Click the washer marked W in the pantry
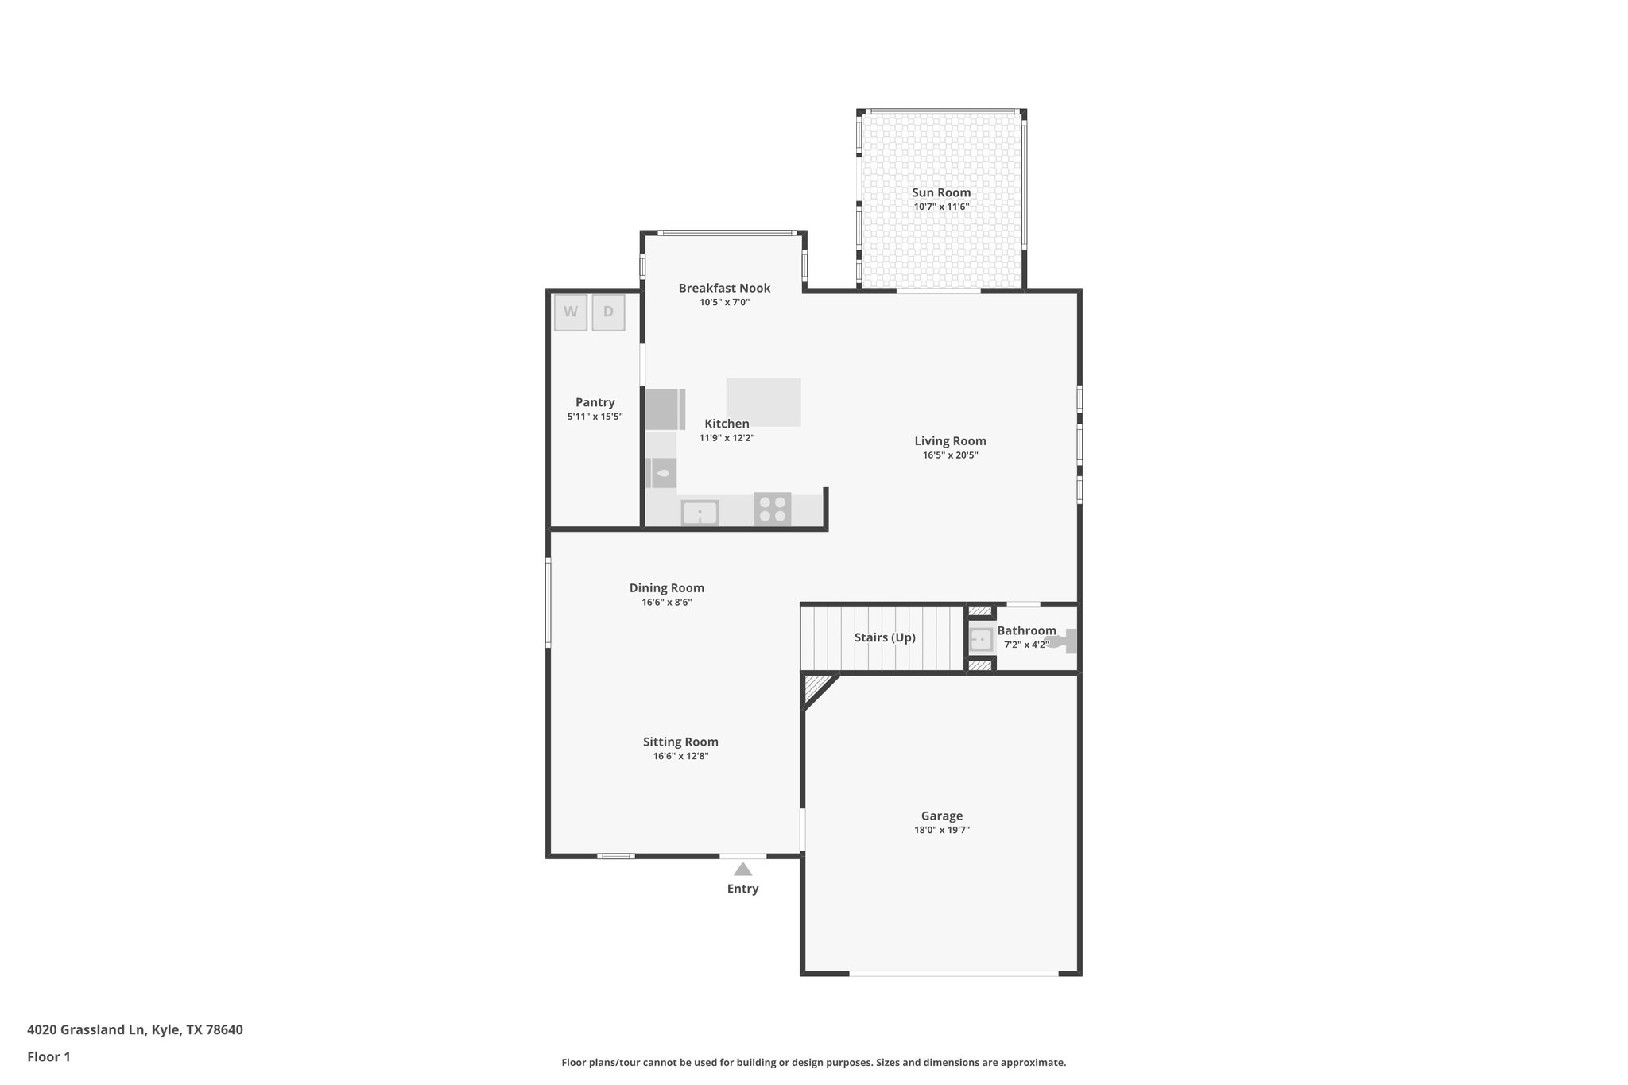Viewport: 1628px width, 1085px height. pyautogui.click(x=570, y=312)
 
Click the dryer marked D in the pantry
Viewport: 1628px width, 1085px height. pyautogui.click(x=608, y=312)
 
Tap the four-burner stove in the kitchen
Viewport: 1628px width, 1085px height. pyautogui.click(x=772, y=509)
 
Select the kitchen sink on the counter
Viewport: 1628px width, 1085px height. pyautogui.click(x=700, y=513)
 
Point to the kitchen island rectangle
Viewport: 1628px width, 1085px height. pyautogui.click(x=763, y=401)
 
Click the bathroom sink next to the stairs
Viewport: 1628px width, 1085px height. pyautogui.click(x=981, y=639)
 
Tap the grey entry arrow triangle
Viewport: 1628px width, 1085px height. pyautogui.click(x=742, y=869)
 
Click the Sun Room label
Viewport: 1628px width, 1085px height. pyautogui.click(x=941, y=192)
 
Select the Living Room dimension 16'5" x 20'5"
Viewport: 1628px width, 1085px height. pyautogui.click(x=950, y=455)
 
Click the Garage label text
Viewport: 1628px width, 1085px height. pyautogui.click(x=942, y=816)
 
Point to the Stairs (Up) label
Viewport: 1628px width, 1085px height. pyautogui.click(x=885, y=637)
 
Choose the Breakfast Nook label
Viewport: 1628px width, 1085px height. pyautogui.click(x=724, y=288)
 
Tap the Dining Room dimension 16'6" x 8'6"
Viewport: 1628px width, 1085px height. pyautogui.click(x=667, y=603)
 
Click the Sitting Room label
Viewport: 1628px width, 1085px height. pyautogui.click(x=680, y=742)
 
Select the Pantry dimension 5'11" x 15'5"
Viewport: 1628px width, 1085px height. pyautogui.click(x=595, y=417)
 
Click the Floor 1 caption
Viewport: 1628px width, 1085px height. pyautogui.click(x=48, y=1056)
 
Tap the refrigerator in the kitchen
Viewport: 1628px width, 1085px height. pyautogui.click(x=665, y=409)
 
